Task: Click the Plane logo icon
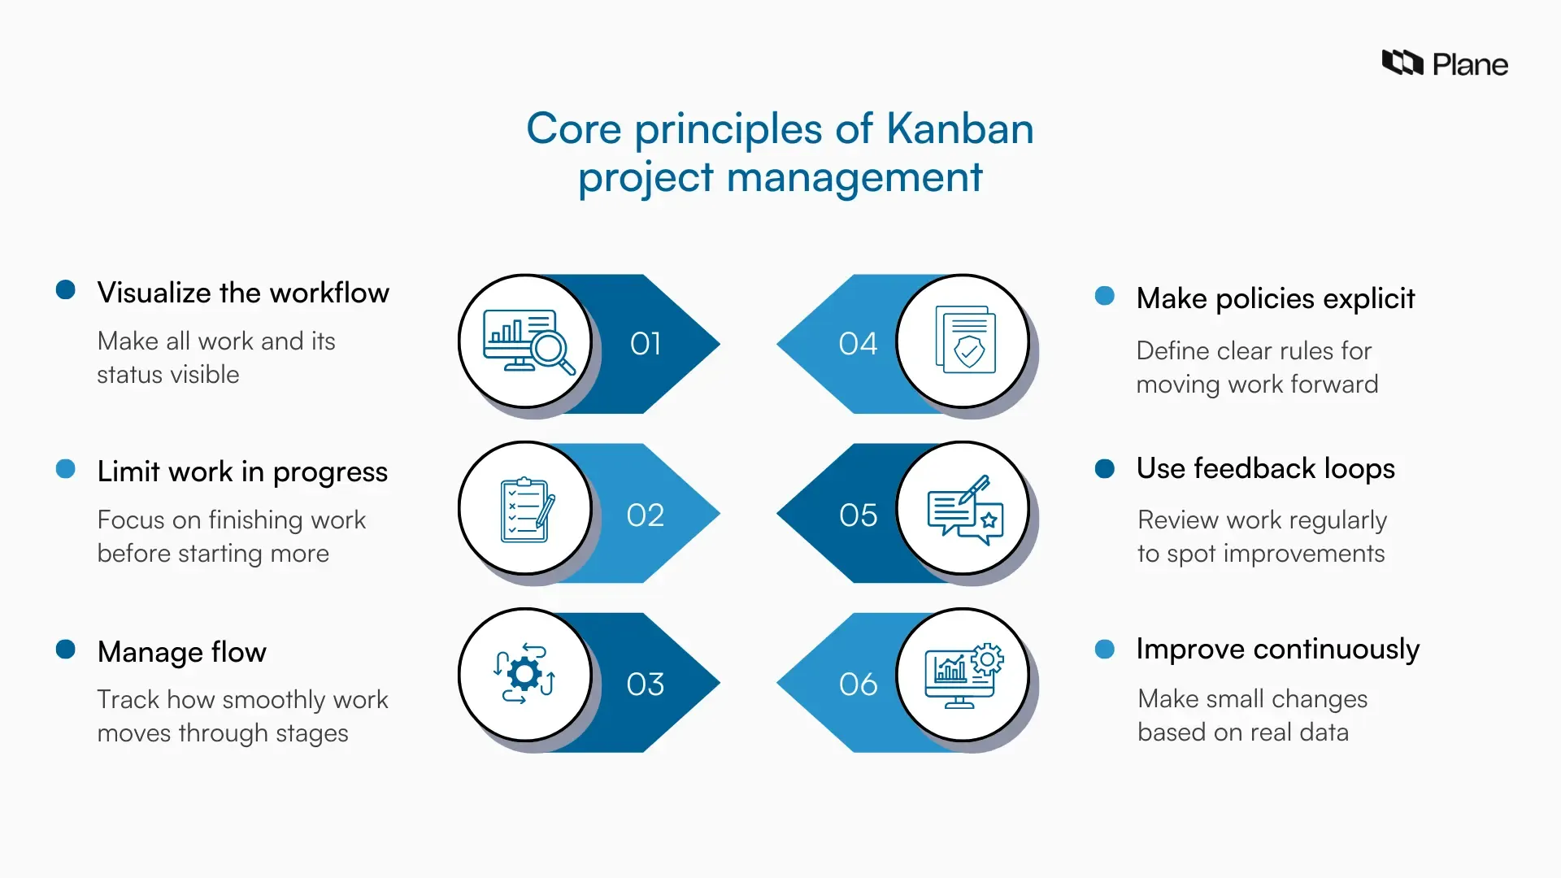[1402, 63]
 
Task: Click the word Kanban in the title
[959, 128]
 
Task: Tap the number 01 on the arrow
[646, 344]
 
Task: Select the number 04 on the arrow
[858, 344]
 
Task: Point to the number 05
[858, 515]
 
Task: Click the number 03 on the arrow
[646, 685]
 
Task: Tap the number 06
[858, 685]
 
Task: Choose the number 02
[646, 515]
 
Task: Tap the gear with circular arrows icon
[524, 674]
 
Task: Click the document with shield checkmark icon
[966, 340]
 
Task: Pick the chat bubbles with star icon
[966, 510]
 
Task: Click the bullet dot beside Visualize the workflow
[66, 290]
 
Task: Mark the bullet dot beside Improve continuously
[1104, 649]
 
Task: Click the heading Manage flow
[181, 652]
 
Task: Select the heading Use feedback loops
[1265, 468]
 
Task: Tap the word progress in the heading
[330, 472]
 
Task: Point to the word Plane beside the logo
[1470, 64]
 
